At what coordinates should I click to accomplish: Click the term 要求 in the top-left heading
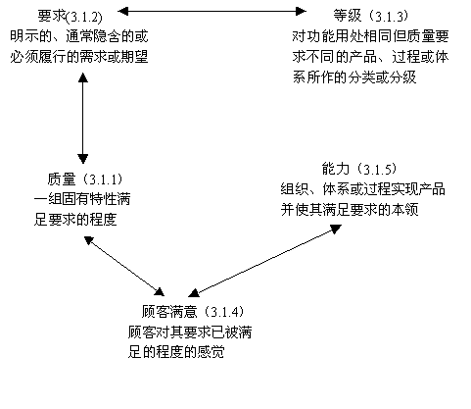coord(52,16)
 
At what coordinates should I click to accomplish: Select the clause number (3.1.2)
coord(84,17)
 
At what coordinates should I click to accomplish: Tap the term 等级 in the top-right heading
coord(348,16)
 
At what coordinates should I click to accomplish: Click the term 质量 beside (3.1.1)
coord(62,179)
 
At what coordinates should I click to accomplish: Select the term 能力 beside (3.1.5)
coord(336,169)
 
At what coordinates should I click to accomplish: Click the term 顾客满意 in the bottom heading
coord(169,312)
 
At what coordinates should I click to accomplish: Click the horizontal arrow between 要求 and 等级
coord(212,11)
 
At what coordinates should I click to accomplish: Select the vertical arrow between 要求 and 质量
coord(83,118)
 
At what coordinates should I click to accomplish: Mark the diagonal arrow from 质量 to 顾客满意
coord(124,266)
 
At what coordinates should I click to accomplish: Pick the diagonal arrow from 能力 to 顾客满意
coord(265,261)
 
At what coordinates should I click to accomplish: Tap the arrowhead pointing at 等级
coord(301,11)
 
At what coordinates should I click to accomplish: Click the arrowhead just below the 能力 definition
coord(335,229)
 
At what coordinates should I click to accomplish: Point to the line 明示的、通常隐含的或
coord(79,36)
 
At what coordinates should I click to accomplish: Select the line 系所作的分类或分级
coord(354,77)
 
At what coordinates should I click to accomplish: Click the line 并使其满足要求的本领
coord(350,210)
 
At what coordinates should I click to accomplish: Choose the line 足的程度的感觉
coord(176,352)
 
